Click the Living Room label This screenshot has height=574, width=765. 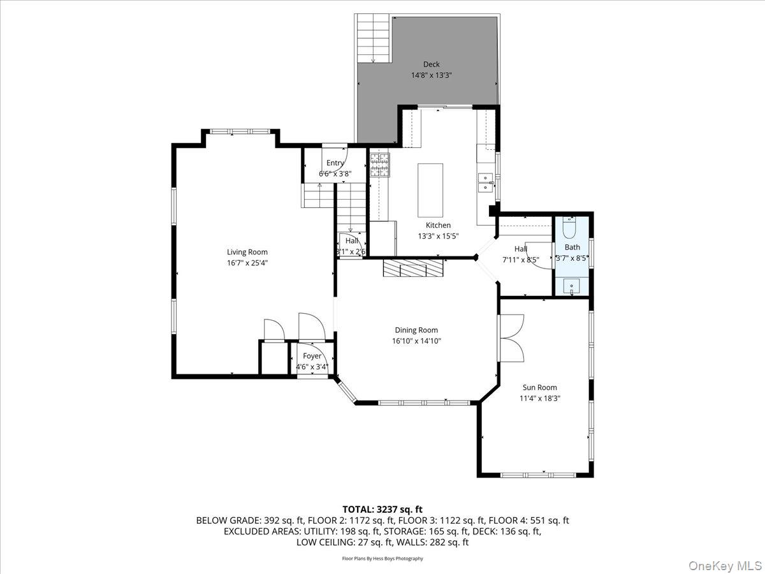click(x=247, y=252)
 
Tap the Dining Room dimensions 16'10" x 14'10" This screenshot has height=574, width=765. click(x=417, y=341)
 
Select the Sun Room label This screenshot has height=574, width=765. click(x=539, y=387)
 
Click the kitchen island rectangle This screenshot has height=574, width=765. click(x=430, y=190)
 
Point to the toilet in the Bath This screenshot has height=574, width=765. click(x=569, y=228)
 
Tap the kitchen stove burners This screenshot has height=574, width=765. click(x=379, y=166)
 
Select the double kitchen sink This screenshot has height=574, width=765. click(x=486, y=182)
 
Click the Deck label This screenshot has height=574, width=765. click(x=431, y=64)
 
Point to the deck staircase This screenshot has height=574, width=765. click(x=373, y=38)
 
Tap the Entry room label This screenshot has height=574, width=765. click(x=335, y=163)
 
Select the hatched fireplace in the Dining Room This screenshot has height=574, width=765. click(x=413, y=267)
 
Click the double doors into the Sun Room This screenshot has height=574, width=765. click(x=512, y=338)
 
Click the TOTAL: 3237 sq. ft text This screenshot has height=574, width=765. click(x=382, y=509)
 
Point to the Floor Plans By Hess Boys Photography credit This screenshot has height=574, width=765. click(x=382, y=559)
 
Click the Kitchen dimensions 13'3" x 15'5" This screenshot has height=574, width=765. click(x=437, y=236)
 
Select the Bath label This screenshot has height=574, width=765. click(x=572, y=247)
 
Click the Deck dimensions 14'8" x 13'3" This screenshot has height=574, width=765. click(x=431, y=75)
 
